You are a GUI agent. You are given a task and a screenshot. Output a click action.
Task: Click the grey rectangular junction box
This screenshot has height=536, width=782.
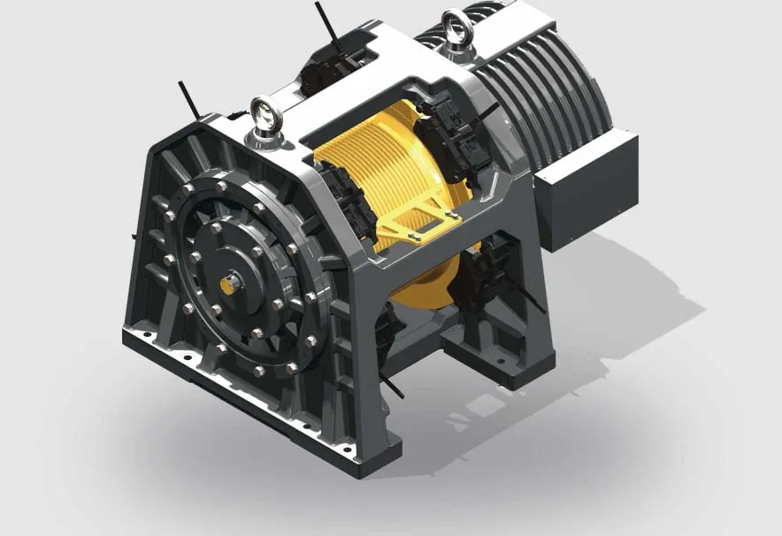(586, 187)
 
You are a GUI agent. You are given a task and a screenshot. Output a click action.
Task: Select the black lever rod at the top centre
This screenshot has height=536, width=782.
(326, 22)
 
